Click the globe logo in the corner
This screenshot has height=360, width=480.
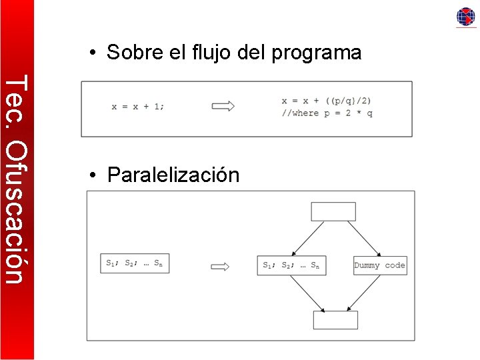tap(465, 17)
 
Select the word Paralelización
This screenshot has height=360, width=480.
tap(173, 175)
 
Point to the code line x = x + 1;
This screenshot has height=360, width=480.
tap(138, 106)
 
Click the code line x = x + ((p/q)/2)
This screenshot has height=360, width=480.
tap(327, 101)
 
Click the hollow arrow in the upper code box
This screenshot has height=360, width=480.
tap(223, 106)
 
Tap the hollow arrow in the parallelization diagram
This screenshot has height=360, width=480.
tap(220, 267)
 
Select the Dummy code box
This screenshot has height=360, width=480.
tap(380, 265)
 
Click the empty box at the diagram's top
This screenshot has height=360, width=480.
tap(333, 211)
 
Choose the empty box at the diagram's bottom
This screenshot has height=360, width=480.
tap(335, 320)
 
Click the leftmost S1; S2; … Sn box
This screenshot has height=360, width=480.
tap(134, 263)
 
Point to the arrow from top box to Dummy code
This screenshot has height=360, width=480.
tap(363, 238)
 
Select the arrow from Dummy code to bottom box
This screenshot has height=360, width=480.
tap(363, 293)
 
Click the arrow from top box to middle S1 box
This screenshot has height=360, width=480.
tap(303, 238)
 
